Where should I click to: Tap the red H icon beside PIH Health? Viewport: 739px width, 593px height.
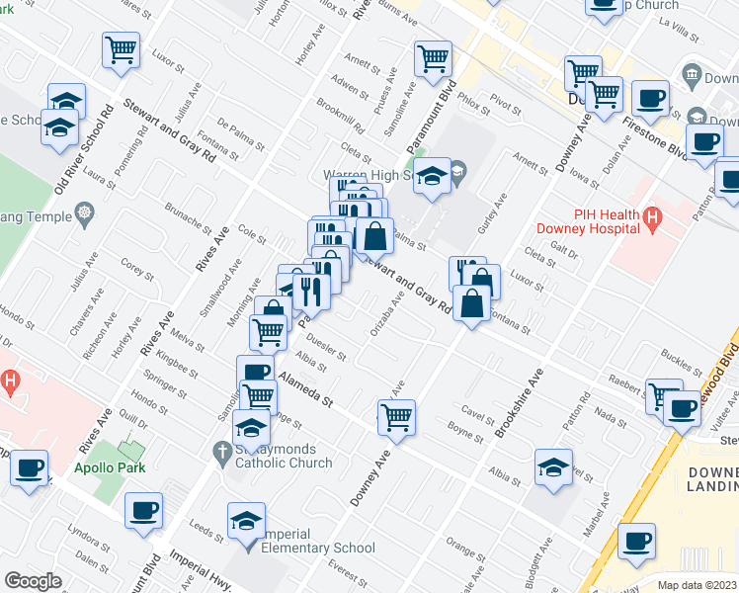651,218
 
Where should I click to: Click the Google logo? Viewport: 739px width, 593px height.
33,581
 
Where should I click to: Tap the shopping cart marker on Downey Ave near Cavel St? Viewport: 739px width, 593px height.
396,416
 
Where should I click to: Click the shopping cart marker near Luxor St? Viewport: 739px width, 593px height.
121,49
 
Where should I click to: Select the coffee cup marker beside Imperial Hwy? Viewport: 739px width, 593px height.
144,511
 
